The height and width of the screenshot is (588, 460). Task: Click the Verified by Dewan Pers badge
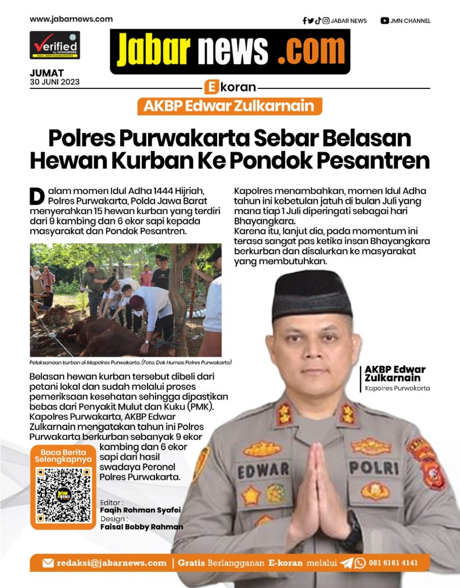pos(55,45)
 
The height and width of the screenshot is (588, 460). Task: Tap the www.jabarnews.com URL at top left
pos(71,19)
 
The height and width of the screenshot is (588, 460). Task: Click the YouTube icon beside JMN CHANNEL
pos(384,21)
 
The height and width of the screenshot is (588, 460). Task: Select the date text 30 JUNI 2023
pos(55,82)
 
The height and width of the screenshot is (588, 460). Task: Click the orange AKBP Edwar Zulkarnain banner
pos(230,106)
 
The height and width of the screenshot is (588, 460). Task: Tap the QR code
pos(63,495)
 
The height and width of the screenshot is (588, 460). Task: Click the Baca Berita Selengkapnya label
pos(63,456)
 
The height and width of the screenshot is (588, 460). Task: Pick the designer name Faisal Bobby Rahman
pos(141,527)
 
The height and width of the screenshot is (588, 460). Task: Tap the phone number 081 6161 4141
pos(393,563)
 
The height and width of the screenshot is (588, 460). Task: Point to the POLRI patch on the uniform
pos(373,467)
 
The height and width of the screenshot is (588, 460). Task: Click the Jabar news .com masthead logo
pos(230,51)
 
